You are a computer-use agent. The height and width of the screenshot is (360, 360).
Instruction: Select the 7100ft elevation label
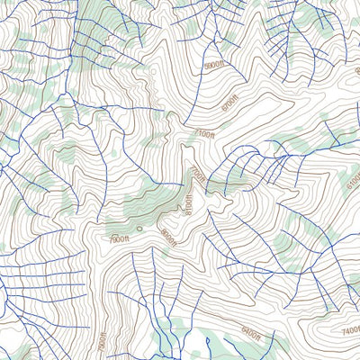click(203, 134)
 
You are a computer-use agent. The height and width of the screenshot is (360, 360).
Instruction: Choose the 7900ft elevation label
click(120, 239)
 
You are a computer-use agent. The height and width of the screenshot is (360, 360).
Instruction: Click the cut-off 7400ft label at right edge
click(350, 330)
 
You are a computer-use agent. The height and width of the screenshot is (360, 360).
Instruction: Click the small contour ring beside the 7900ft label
click(139, 240)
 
